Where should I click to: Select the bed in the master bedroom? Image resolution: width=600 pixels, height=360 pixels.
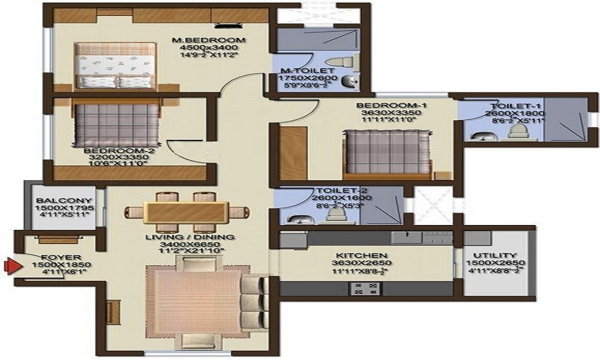point(116,66)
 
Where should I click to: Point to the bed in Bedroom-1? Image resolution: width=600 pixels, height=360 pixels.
point(387,152)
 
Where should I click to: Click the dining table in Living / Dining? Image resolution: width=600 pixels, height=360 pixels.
point(186,212)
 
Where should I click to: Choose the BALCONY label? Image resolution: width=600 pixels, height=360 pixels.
point(64,200)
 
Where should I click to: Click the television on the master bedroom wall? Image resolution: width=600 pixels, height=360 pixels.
point(226,26)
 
